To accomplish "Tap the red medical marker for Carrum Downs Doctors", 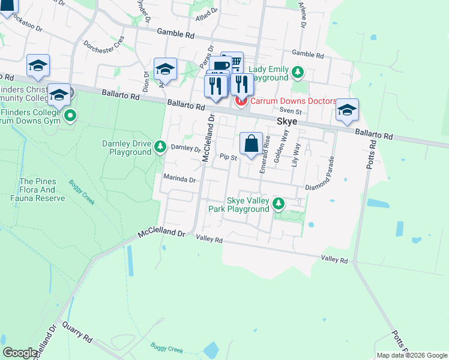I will (241, 101).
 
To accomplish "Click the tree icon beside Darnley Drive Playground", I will (160, 146).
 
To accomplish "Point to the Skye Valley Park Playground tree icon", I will (278, 204).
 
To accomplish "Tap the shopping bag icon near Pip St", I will (252, 144).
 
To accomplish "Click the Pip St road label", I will (229, 158).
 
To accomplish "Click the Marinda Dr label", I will (179, 179).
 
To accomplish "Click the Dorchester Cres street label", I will (104, 44).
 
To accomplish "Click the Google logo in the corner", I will (20, 353).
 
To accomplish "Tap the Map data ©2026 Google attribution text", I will (412, 355).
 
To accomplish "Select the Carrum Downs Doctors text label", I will (293, 101).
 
